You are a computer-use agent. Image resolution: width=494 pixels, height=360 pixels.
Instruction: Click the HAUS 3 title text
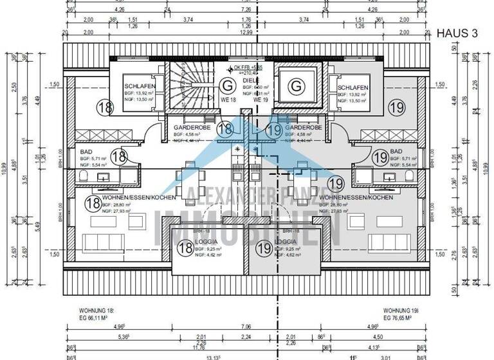click(457, 33)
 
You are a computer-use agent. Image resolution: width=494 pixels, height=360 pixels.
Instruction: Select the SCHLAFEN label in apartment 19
click(352, 87)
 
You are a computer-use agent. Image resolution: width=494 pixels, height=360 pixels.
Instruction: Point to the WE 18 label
click(228, 100)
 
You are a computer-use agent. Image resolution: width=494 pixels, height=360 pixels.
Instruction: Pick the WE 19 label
click(261, 100)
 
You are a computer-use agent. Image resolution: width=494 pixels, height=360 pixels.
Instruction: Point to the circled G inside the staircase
click(226, 84)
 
